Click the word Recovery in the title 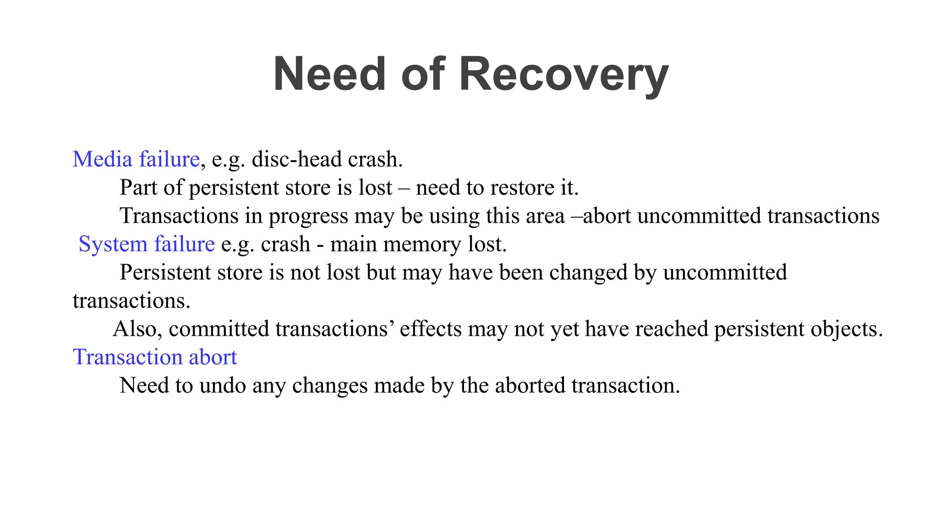563,75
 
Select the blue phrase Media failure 136,159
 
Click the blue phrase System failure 146,244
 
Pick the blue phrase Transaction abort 155,357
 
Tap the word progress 308,216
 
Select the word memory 422,244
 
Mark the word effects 431,329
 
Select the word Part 138,188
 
